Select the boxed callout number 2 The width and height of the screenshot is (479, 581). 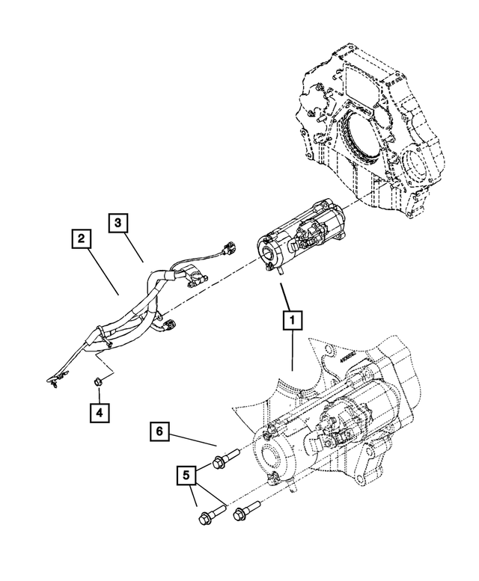click(x=82, y=239)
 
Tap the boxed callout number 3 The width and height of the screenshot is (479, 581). click(x=119, y=222)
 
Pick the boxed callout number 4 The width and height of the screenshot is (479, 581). click(x=99, y=411)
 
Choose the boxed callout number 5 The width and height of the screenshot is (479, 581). click(x=188, y=474)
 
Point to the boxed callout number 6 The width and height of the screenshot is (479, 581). click(x=159, y=431)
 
